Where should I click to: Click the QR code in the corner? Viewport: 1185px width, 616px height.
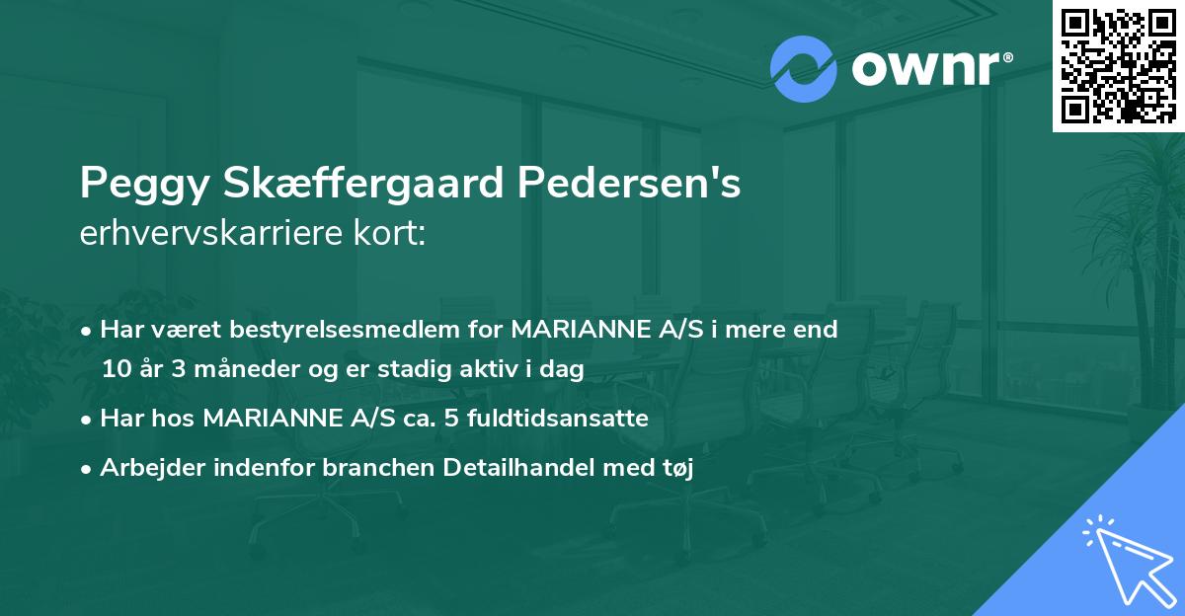1118,65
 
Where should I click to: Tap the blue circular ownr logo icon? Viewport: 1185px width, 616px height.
803,69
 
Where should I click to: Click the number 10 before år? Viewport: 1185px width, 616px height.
117,369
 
